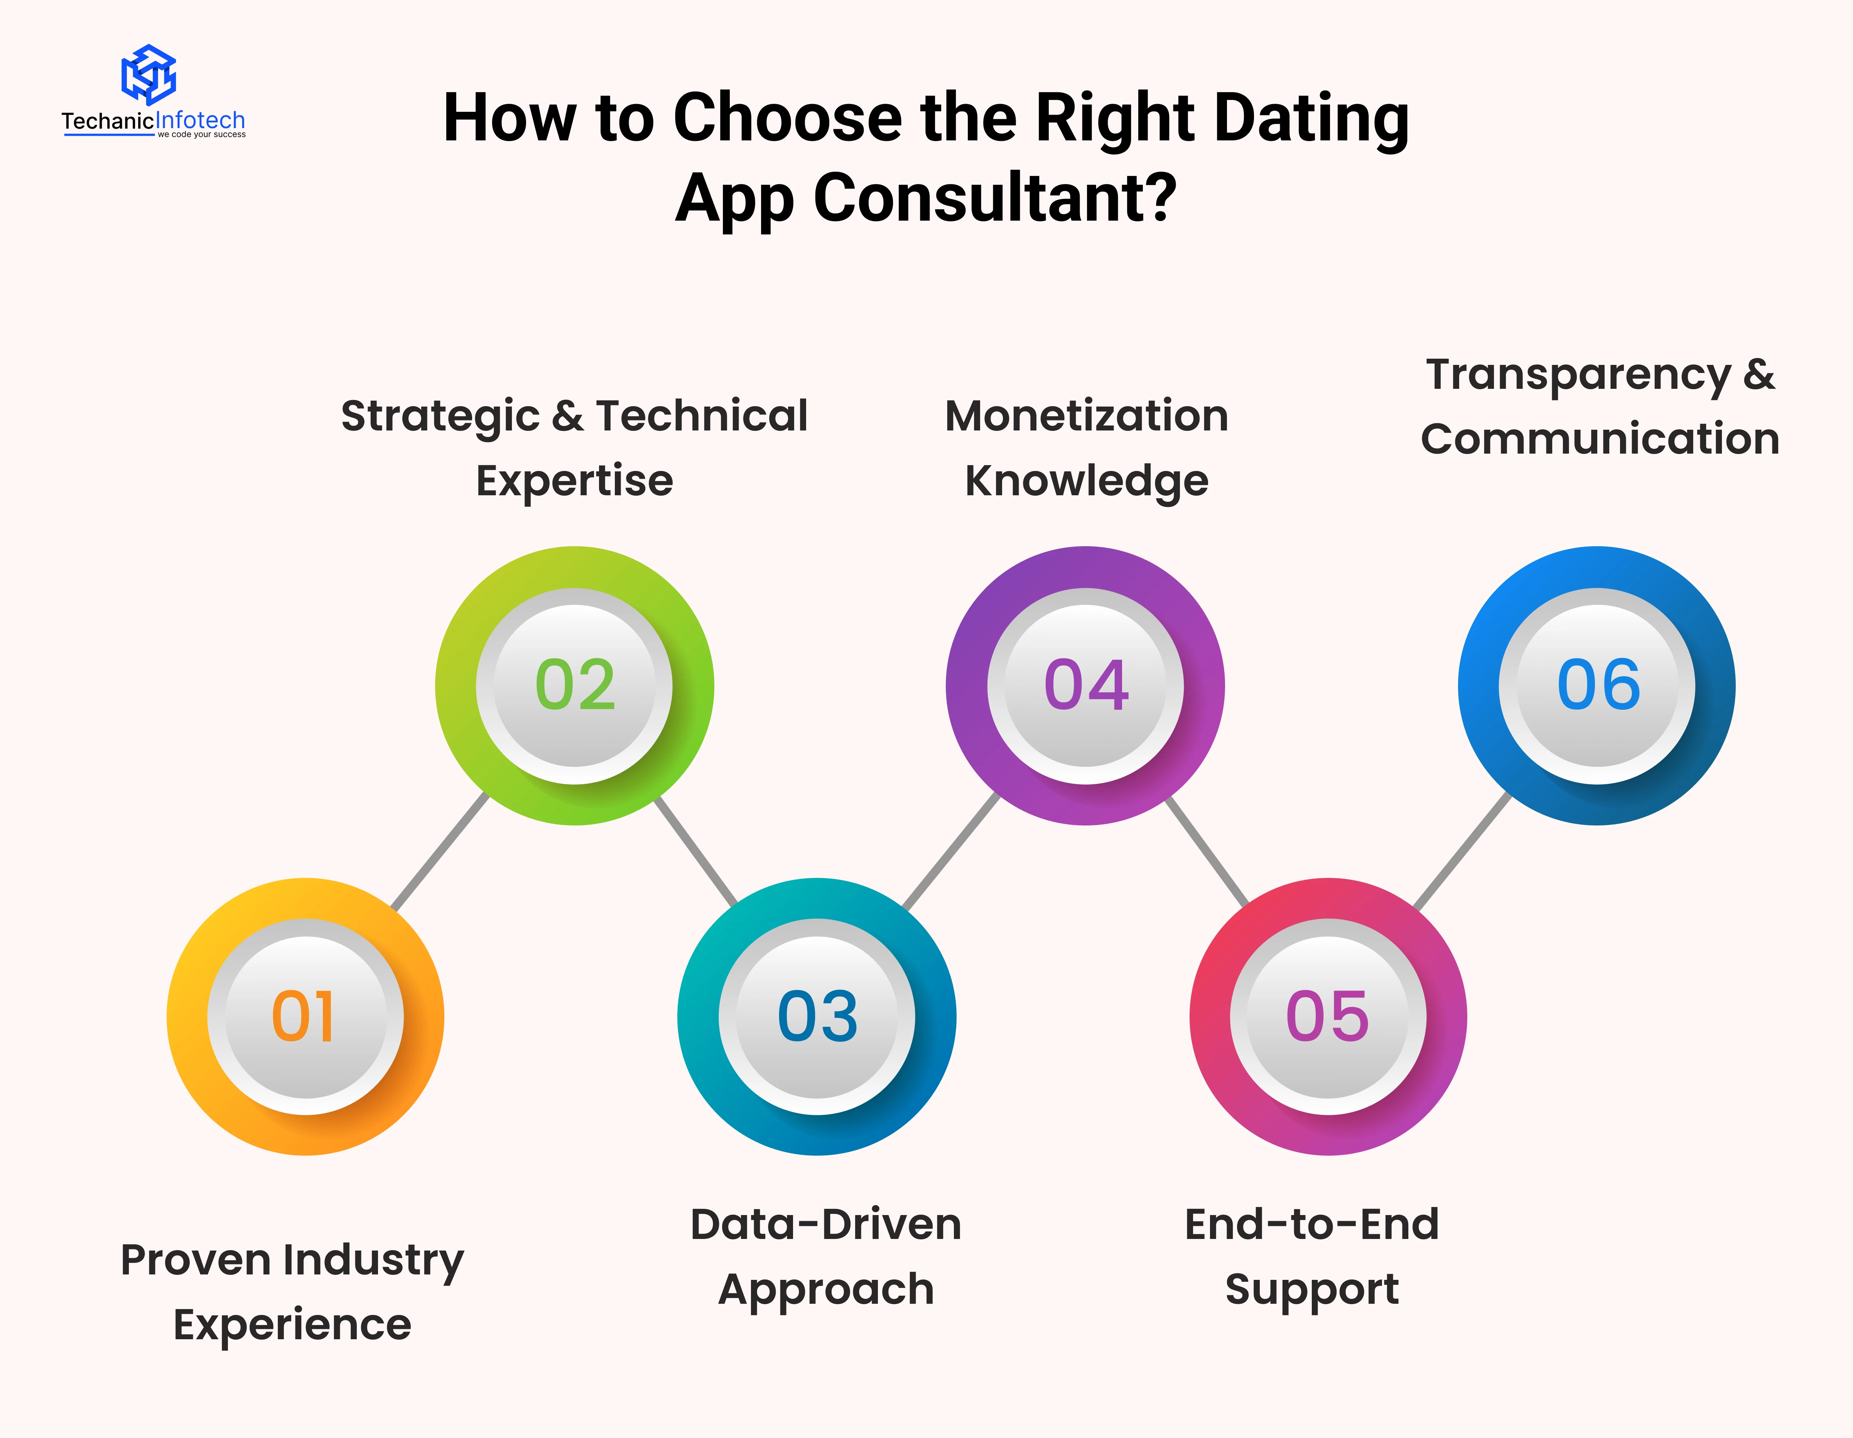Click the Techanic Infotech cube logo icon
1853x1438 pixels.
point(149,75)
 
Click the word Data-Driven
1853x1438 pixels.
point(825,1224)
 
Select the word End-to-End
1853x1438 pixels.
point(1312,1224)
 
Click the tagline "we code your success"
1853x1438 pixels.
point(202,134)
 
